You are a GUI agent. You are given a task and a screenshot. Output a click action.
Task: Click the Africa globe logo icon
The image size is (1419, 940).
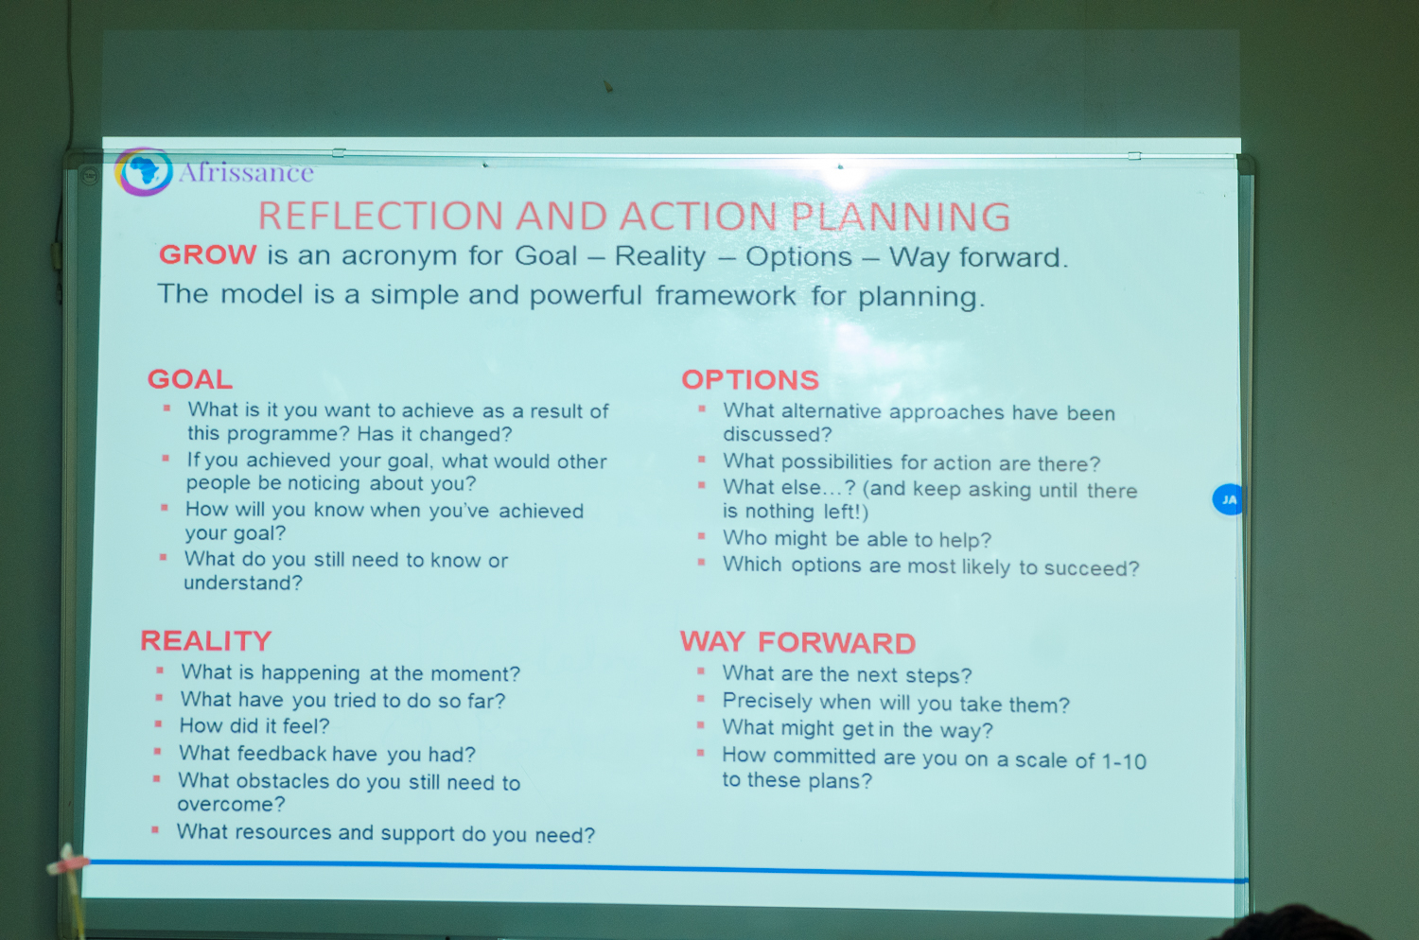point(143,172)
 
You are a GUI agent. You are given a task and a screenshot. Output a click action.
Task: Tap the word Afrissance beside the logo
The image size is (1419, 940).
point(246,172)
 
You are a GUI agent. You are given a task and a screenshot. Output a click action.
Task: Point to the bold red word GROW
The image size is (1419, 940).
point(208,254)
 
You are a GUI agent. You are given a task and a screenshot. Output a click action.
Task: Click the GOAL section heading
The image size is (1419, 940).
point(190,379)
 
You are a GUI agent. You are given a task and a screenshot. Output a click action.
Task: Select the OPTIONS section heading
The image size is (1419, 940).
point(750,379)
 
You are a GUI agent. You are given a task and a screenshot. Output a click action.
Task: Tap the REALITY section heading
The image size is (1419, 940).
point(206,640)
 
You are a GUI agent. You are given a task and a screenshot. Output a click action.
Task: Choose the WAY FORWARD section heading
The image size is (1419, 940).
point(798,642)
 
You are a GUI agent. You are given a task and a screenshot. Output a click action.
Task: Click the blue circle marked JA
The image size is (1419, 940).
point(1227,499)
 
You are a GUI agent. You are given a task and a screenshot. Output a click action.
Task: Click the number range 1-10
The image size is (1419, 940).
point(1124,760)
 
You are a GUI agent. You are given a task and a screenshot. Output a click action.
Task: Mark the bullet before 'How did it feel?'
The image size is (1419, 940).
point(158,724)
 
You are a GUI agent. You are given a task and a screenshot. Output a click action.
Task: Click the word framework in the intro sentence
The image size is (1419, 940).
point(726,296)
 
